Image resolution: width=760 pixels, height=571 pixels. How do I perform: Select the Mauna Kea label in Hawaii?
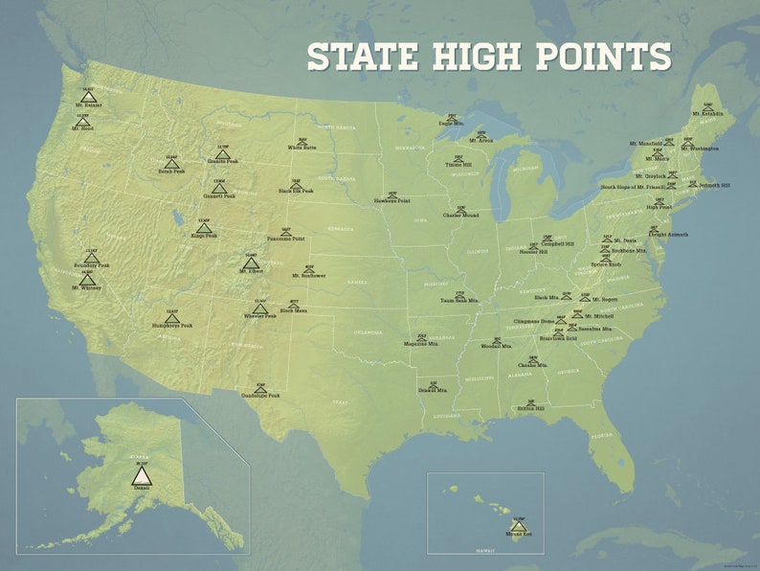tap(520, 535)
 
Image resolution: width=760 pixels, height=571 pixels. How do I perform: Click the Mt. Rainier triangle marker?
tap(88, 97)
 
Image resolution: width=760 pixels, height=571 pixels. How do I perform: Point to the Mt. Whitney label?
tap(86, 287)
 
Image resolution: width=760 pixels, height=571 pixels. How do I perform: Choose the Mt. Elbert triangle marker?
tap(251, 262)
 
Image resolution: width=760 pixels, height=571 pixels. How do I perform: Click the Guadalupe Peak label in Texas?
tap(259, 395)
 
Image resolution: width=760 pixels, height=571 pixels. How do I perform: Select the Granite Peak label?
tap(222, 162)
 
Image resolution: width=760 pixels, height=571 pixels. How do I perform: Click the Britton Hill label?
tap(531, 408)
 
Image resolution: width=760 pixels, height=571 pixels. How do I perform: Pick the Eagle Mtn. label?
tap(452, 124)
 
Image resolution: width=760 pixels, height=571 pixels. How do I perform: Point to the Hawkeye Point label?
tap(392, 202)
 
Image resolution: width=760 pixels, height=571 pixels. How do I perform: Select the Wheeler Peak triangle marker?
tap(259, 308)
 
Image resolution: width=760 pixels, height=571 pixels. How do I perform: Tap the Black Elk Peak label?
tap(296, 192)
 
